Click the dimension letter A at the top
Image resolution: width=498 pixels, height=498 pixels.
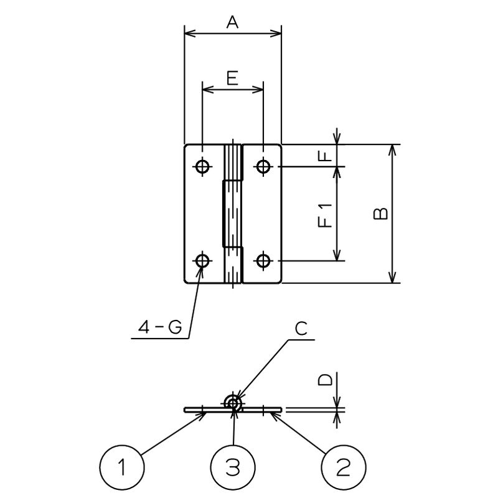pyautogui.click(x=233, y=22)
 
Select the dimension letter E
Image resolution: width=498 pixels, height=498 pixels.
pyautogui.click(x=232, y=78)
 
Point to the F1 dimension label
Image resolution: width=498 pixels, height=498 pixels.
pyautogui.click(x=325, y=214)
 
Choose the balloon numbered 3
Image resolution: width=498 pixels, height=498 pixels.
pyautogui.click(x=232, y=467)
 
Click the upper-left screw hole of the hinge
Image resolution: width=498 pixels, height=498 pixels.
pyautogui.click(x=202, y=166)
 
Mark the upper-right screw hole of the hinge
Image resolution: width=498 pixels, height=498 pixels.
pyautogui.click(x=263, y=166)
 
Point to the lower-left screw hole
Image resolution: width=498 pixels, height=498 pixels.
pyautogui.click(x=202, y=261)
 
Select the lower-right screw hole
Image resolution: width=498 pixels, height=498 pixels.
pyautogui.click(x=263, y=261)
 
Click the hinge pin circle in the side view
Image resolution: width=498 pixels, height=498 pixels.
pyautogui.click(x=233, y=403)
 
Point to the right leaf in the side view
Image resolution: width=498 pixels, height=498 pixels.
pyautogui.click(x=265, y=410)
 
